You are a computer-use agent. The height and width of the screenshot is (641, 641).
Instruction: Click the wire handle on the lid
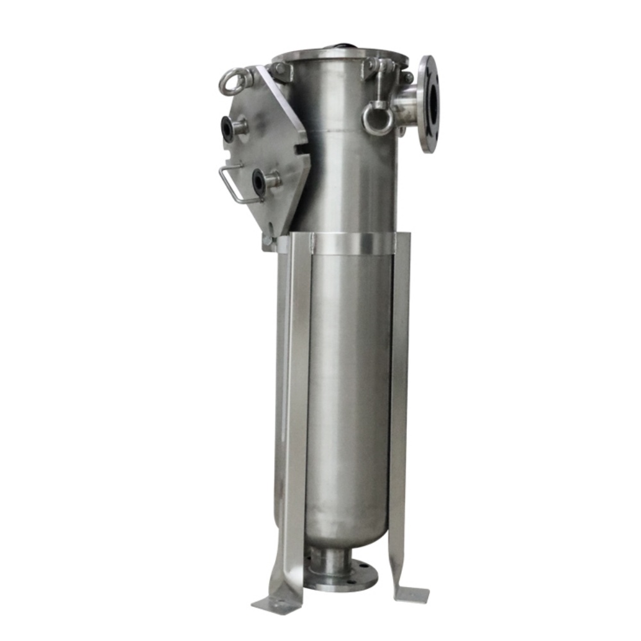pos(230,186)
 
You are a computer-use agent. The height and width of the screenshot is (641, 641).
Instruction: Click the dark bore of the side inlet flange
pos(433,104)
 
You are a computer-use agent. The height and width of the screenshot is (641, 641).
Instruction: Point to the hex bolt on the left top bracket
pos(279,69)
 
